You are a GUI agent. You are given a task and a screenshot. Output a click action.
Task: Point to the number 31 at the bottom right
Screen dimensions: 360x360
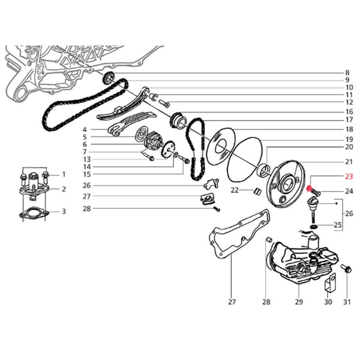(346, 301)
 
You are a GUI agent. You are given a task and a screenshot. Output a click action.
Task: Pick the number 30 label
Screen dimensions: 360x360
(327, 301)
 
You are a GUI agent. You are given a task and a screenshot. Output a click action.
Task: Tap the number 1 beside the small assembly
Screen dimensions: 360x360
(64, 175)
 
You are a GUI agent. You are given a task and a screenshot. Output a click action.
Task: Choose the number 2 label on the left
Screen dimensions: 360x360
(64, 190)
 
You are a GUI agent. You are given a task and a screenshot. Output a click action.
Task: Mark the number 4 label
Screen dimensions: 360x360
(85, 130)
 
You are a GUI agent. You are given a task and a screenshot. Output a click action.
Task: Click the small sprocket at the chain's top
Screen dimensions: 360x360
(109, 78)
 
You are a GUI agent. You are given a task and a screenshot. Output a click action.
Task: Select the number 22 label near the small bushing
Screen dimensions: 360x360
(235, 190)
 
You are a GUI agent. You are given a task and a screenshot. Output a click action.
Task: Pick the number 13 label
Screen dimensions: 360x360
(86, 159)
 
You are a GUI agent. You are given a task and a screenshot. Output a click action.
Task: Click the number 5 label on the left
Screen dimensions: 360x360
(85, 137)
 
